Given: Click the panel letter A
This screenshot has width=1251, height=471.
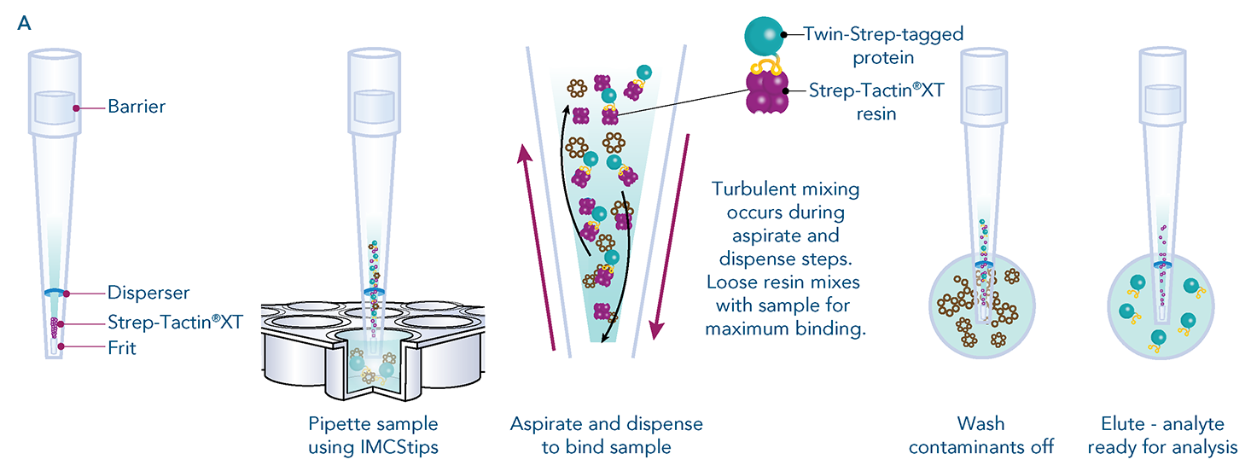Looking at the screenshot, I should tap(24, 23).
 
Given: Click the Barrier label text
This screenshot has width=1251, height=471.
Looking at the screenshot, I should tap(136, 107).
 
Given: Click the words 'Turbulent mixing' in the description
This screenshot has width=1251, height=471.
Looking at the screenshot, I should tap(786, 189).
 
